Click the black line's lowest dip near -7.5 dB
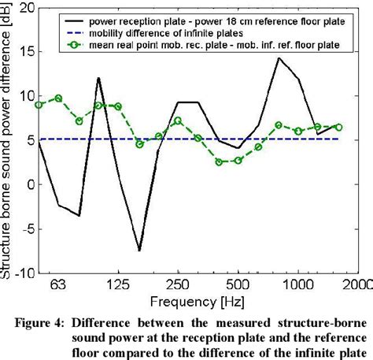(x=139, y=251)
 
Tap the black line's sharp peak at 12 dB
(x=98, y=78)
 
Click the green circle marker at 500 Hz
(x=238, y=161)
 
